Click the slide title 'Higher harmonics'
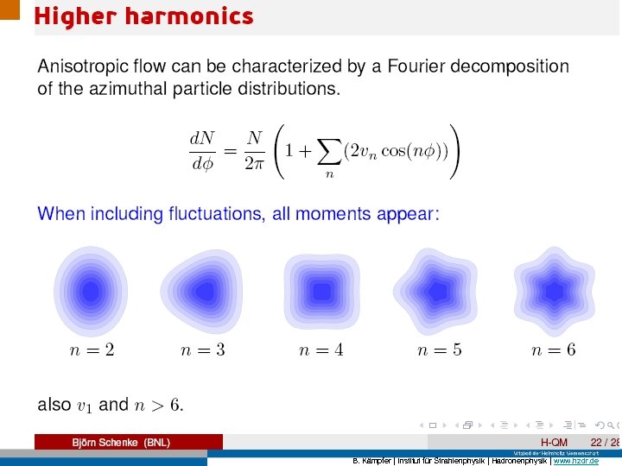(x=143, y=16)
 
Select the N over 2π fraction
(x=253, y=151)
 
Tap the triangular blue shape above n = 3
(x=204, y=291)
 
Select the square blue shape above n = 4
(x=321, y=291)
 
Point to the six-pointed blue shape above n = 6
(x=554, y=290)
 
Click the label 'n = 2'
(x=92, y=349)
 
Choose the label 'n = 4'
(x=321, y=349)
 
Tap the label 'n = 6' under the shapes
(x=554, y=349)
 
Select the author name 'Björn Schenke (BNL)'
(x=120, y=443)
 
